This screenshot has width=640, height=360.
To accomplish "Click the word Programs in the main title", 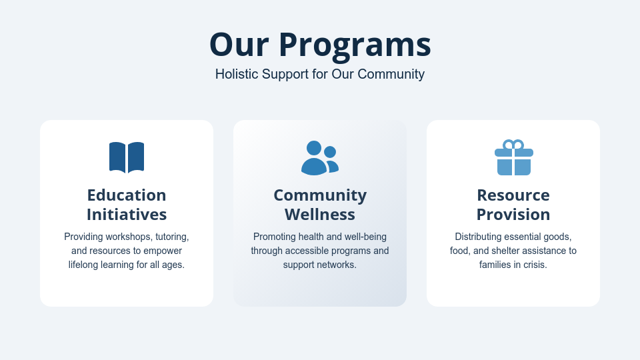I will [x=355, y=45].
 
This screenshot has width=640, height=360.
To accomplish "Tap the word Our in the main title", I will [x=239, y=45].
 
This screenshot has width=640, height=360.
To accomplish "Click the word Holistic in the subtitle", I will [x=236, y=74].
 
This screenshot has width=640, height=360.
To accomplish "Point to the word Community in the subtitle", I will [x=391, y=74].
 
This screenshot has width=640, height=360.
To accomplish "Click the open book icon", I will [x=127, y=157].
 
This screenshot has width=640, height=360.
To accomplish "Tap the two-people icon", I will [x=319, y=158].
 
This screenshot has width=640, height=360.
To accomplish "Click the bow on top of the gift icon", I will [x=513, y=145].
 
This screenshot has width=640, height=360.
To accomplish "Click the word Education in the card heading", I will [x=127, y=195].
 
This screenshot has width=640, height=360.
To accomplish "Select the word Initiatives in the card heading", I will [x=127, y=215].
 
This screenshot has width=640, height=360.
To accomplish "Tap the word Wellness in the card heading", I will [x=320, y=215].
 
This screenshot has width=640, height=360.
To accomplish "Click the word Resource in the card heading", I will [x=513, y=195].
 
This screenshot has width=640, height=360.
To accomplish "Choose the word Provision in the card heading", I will [x=513, y=215].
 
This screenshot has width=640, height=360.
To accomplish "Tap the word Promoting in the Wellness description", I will [x=275, y=237].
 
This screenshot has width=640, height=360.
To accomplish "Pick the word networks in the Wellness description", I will [x=338, y=265].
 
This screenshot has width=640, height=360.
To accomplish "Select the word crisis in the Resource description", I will [x=533, y=265].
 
